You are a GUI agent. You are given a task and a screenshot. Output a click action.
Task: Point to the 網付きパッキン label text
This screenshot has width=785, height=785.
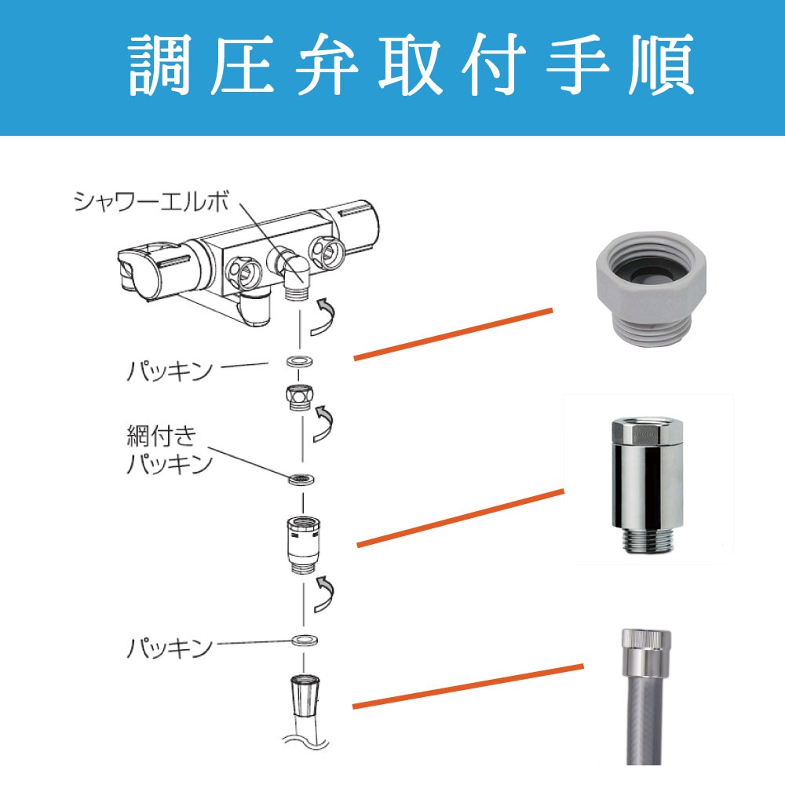(x=170, y=448)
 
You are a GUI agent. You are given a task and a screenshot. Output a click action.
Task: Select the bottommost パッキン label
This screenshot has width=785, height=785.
(x=170, y=648)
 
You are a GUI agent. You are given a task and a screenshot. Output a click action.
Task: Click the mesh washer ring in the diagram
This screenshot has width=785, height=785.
(x=301, y=478)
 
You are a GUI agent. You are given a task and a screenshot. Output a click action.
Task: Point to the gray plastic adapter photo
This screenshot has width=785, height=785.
(x=649, y=283)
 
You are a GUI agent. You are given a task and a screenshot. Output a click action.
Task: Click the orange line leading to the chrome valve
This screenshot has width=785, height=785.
(x=460, y=517)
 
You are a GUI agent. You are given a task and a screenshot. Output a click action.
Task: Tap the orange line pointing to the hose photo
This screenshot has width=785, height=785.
(x=468, y=687)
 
